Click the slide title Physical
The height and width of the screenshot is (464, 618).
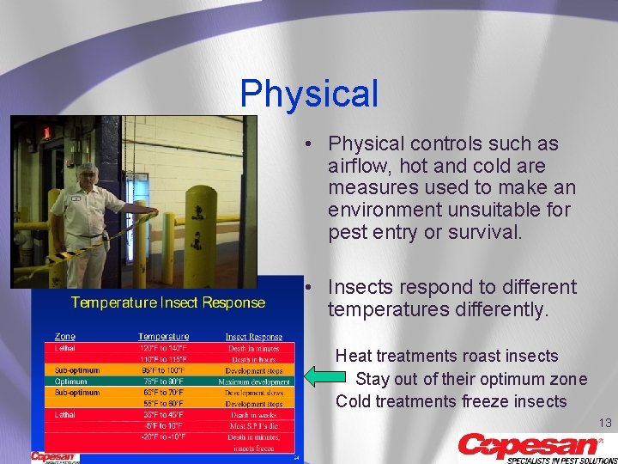[309, 94]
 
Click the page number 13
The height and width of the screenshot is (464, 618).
[604, 422]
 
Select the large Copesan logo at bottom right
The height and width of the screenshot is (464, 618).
[532, 446]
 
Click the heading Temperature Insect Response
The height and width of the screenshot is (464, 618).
[167, 302]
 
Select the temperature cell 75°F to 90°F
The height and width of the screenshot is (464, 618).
[163, 382]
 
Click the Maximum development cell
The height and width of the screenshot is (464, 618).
[254, 382]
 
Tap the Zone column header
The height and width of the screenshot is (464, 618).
[64, 337]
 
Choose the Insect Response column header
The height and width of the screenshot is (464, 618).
[254, 337]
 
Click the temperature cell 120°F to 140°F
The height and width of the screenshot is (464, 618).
[163, 348]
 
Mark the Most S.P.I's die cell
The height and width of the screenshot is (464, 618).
[254, 425]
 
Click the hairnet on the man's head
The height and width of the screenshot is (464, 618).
[86, 168]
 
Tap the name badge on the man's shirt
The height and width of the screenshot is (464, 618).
[76, 198]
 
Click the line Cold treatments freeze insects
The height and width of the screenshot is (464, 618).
[451, 401]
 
